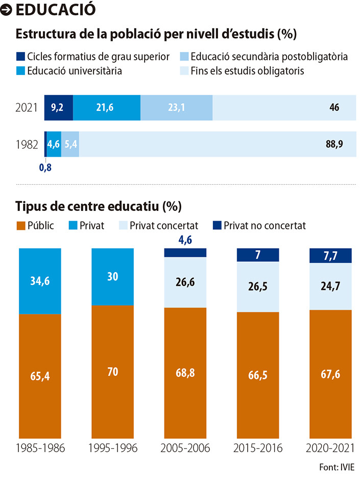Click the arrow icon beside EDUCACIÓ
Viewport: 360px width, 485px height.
click(x=6, y=10)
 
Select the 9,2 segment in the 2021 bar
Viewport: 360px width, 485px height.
click(x=58, y=108)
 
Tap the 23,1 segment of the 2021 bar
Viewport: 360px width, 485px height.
click(x=176, y=108)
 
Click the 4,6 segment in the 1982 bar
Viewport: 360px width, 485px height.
click(x=54, y=144)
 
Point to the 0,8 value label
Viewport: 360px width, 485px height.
click(x=45, y=167)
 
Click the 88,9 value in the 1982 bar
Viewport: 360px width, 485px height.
click(x=334, y=144)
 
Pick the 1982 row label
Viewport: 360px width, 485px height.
click(x=27, y=144)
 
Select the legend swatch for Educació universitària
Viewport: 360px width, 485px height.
click(x=20, y=71)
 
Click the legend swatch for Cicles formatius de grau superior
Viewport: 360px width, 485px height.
click(x=20, y=56)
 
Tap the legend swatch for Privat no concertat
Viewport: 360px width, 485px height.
click(x=217, y=225)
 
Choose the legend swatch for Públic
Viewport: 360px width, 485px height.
click(x=21, y=225)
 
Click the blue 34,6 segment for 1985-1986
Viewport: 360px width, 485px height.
click(x=40, y=281)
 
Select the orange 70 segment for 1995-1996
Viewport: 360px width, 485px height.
click(x=112, y=372)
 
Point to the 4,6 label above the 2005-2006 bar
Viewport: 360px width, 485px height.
click(x=185, y=240)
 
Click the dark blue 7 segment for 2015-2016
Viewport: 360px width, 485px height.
click(x=258, y=255)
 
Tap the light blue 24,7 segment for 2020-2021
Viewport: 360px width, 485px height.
click(x=330, y=286)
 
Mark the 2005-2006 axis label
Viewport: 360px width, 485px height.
click(x=185, y=448)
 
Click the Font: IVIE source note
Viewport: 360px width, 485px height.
click(x=337, y=467)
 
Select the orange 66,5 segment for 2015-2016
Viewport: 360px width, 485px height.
click(x=258, y=375)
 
